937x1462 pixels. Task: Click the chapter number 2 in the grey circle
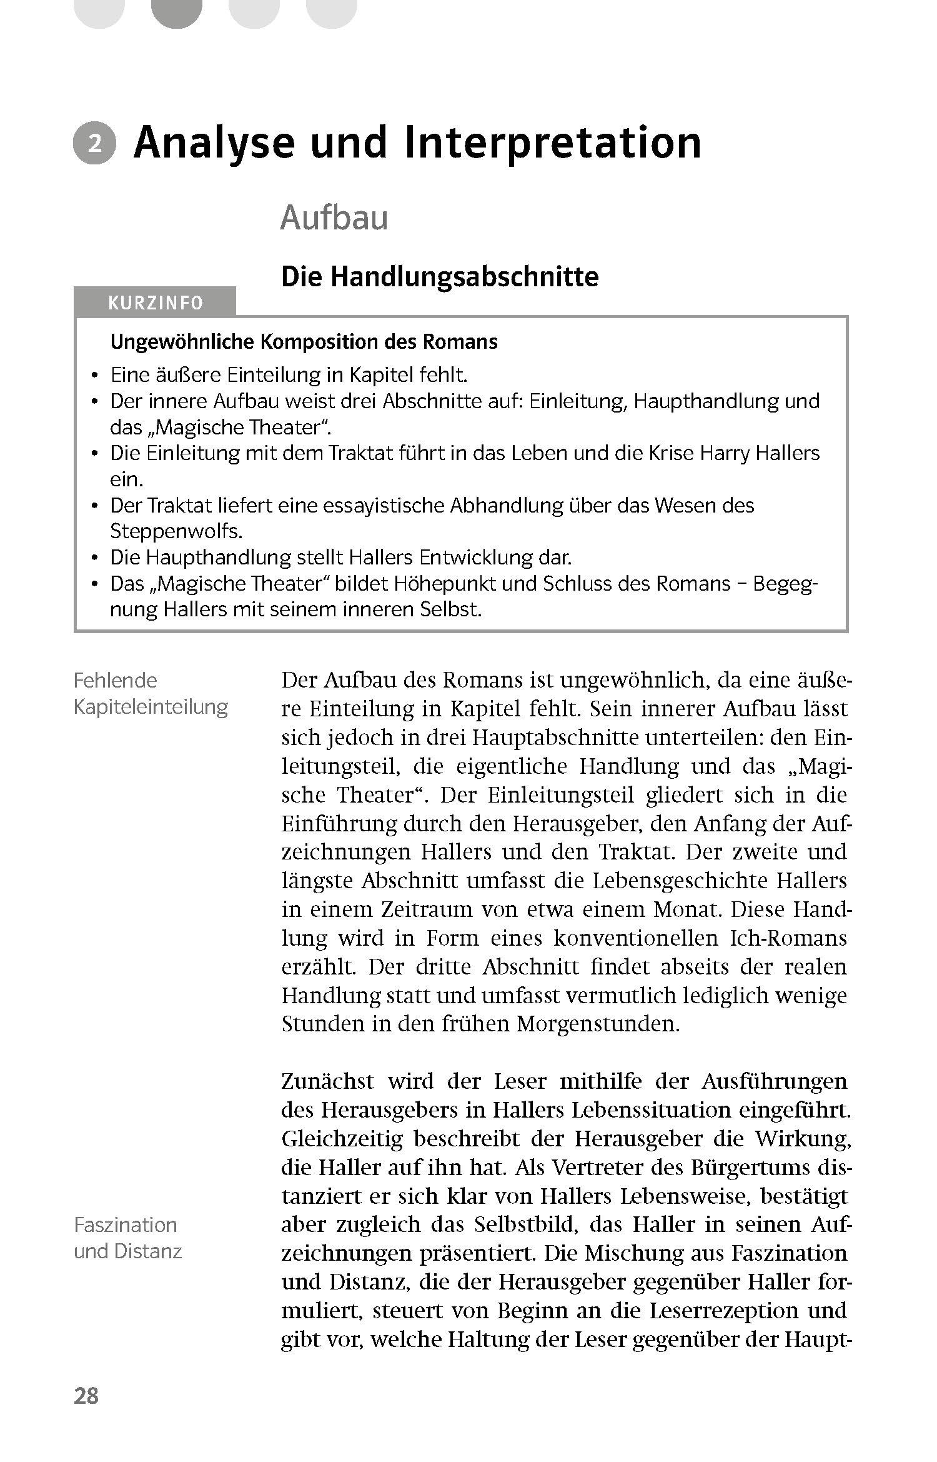94,144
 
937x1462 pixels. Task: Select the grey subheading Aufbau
334,218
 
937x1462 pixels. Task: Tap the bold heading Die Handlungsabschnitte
440,277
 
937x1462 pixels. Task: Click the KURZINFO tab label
156,303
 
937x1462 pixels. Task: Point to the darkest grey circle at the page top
177,11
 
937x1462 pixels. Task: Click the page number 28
86,1395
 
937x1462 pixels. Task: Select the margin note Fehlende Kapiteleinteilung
151,694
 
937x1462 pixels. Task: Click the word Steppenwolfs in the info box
176,531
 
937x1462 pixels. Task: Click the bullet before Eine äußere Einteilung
94,376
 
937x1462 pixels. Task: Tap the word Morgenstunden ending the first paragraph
598,1024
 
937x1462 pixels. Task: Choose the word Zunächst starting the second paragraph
327,1081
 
